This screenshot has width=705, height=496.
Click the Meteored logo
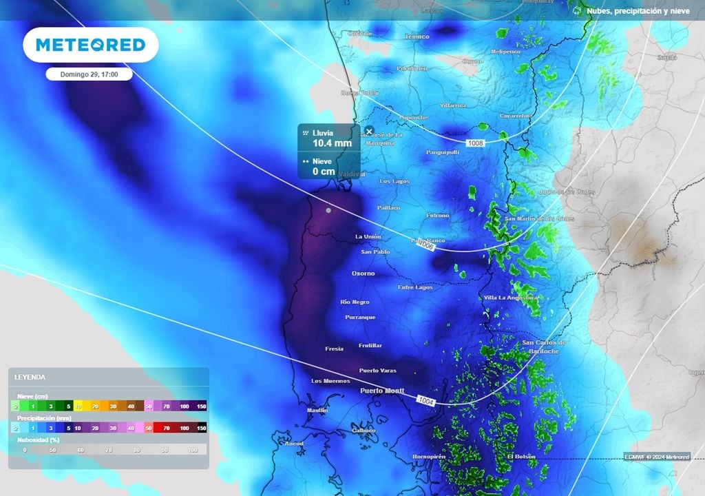tap(90, 45)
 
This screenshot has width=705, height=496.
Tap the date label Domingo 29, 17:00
tap(90, 74)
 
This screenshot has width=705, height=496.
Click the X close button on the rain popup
tap(369, 131)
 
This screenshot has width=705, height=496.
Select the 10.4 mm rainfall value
tap(332, 143)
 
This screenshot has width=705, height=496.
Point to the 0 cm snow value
tap(324, 171)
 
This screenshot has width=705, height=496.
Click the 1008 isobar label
tap(475, 143)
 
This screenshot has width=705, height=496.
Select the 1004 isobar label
tap(425, 400)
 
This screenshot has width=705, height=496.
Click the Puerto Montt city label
tap(383, 391)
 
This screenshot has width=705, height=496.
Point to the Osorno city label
tap(364, 273)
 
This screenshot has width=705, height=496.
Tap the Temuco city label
tap(417, 37)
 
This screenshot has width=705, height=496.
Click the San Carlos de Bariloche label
tap(544, 347)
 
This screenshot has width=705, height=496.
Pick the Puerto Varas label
tap(377, 371)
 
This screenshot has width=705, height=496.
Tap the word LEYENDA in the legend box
tap(30, 378)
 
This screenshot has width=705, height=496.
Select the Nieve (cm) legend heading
tap(32, 396)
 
